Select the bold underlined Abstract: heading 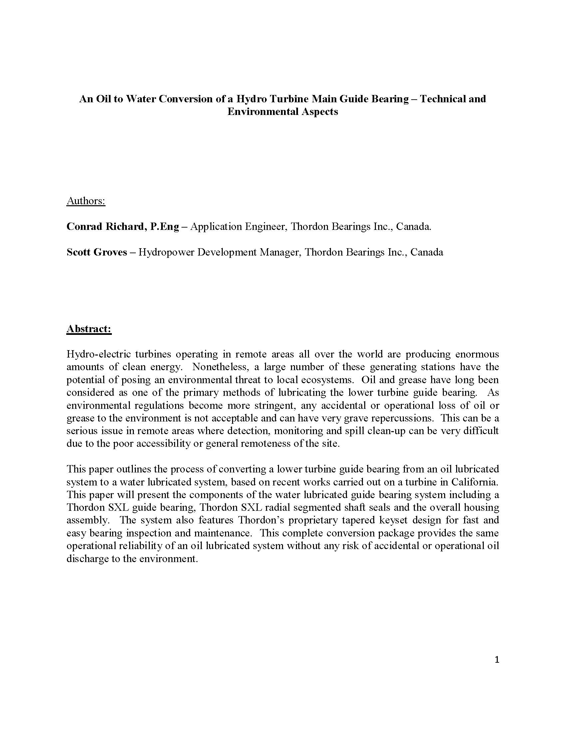(x=89, y=329)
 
